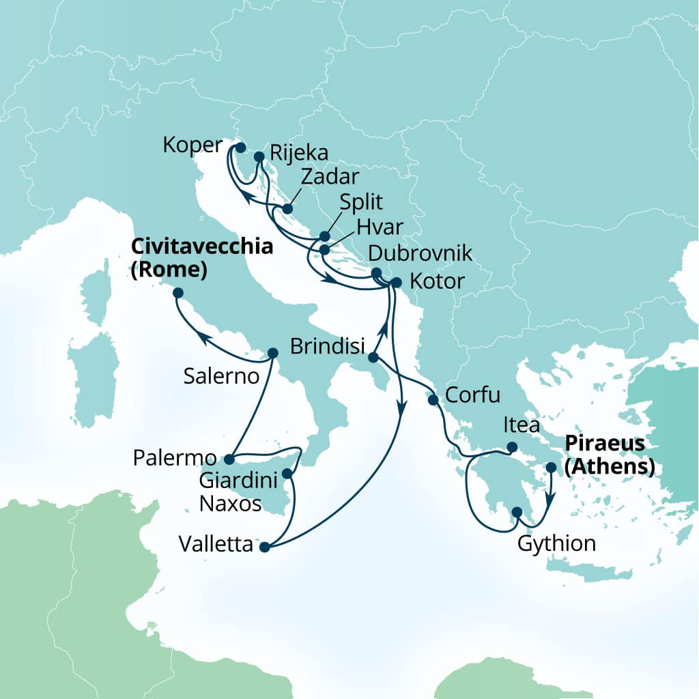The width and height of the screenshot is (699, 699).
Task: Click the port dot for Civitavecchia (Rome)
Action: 178,293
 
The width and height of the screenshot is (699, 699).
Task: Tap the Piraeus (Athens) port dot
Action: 552,468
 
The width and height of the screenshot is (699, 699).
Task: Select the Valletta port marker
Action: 265,546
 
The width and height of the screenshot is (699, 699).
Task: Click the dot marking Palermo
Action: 229,459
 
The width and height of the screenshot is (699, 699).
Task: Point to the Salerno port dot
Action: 272,354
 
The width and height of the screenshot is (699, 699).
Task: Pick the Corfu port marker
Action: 433,400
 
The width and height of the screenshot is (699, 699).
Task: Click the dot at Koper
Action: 240,147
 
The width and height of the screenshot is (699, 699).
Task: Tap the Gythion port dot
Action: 517,513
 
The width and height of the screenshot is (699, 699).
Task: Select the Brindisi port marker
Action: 373,357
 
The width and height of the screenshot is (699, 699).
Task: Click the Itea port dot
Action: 511,448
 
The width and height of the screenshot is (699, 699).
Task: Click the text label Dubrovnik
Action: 420,254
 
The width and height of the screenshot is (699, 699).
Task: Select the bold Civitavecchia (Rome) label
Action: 201,258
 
